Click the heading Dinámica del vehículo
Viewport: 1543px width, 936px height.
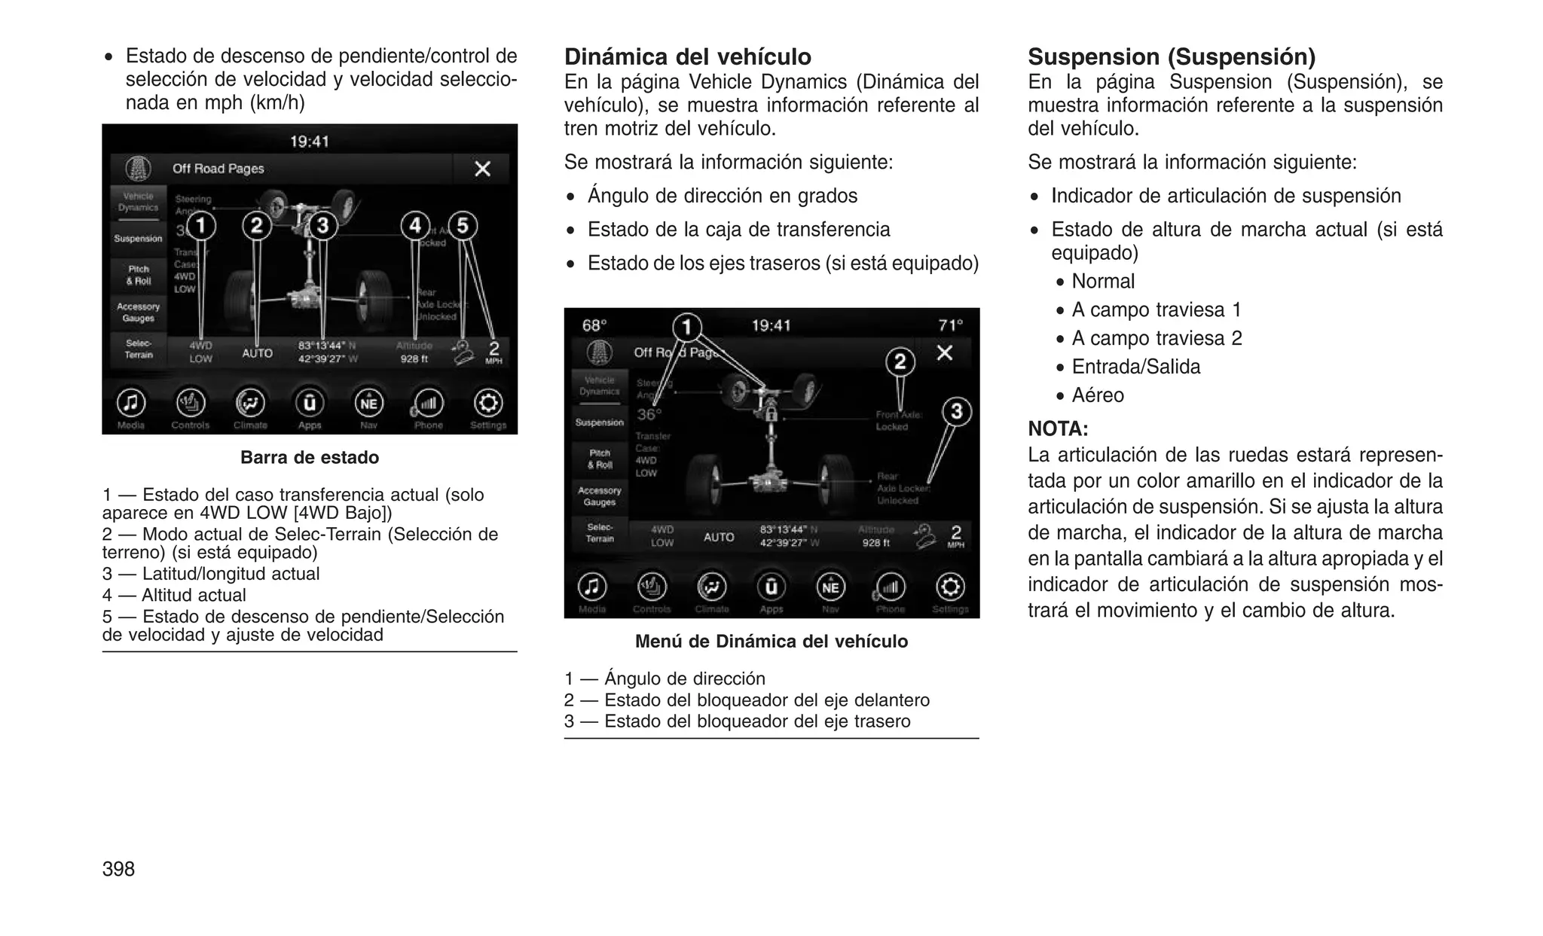pyautogui.click(x=687, y=57)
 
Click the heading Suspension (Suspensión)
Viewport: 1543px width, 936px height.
pyautogui.click(x=1172, y=57)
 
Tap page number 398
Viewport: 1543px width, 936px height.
pyautogui.click(x=118, y=869)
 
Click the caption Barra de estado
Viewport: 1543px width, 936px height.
pyautogui.click(x=309, y=458)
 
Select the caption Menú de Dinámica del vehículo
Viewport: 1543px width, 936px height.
pyautogui.click(x=771, y=642)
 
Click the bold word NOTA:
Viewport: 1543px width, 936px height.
pyautogui.click(x=1058, y=429)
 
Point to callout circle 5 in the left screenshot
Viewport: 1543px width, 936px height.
pyautogui.click(x=463, y=225)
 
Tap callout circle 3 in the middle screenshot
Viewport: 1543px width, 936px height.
pyautogui.click(x=956, y=412)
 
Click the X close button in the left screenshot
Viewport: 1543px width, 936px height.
pyautogui.click(x=482, y=169)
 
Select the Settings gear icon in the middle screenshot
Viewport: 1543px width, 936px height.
pyautogui.click(x=949, y=587)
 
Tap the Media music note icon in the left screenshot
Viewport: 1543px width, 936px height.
pyautogui.click(x=130, y=403)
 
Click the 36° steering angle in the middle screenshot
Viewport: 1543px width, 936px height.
pyautogui.click(x=649, y=414)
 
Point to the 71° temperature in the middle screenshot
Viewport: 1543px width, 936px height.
pyautogui.click(x=950, y=325)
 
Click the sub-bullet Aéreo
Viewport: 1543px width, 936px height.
pyautogui.click(x=1097, y=395)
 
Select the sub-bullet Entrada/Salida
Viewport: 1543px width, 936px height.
pyautogui.click(x=1135, y=367)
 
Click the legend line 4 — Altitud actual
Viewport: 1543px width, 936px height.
pyautogui.click(x=174, y=595)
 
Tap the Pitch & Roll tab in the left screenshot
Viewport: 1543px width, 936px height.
pyautogui.click(x=139, y=275)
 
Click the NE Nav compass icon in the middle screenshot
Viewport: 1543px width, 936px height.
pyautogui.click(x=830, y=587)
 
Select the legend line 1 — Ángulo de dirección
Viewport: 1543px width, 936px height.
pyautogui.click(x=665, y=678)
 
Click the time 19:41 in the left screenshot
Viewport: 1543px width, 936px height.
pyautogui.click(x=309, y=142)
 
